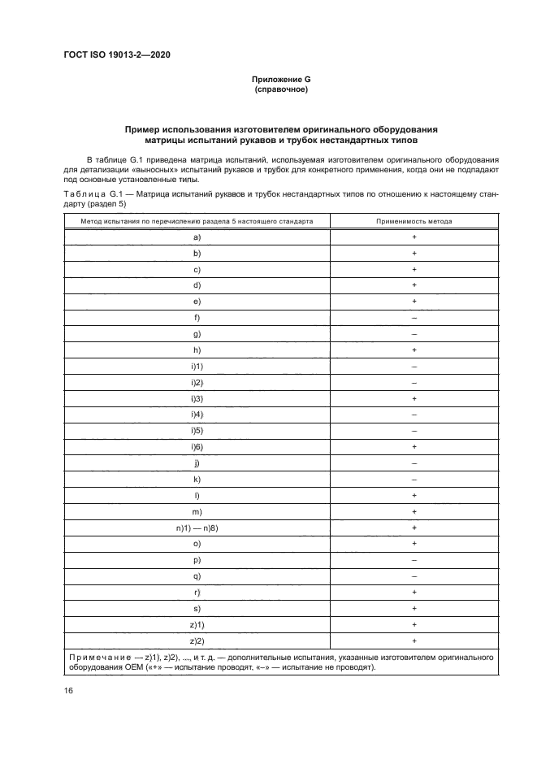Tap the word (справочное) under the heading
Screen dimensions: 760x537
click(x=280, y=89)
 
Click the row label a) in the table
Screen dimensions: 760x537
click(x=197, y=237)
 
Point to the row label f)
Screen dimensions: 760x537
click(x=197, y=317)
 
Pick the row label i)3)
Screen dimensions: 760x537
click(x=197, y=398)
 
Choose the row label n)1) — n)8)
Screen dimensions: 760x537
click(x=197, y=528)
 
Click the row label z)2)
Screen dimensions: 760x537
click(x=197, y=641)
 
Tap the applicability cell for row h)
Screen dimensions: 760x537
click(x=414, y=350)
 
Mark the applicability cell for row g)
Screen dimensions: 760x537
click(x=414, y=333)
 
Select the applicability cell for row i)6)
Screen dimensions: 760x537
click(x=414, y=447)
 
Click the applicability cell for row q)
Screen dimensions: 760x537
click(x=414, y=576)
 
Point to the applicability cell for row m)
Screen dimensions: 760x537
click(x=414, y=511)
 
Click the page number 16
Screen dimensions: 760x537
click(x=67, y=690)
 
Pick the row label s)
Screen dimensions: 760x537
click(x=197, y=608)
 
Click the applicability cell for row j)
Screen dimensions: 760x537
click(x=414, y=463)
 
